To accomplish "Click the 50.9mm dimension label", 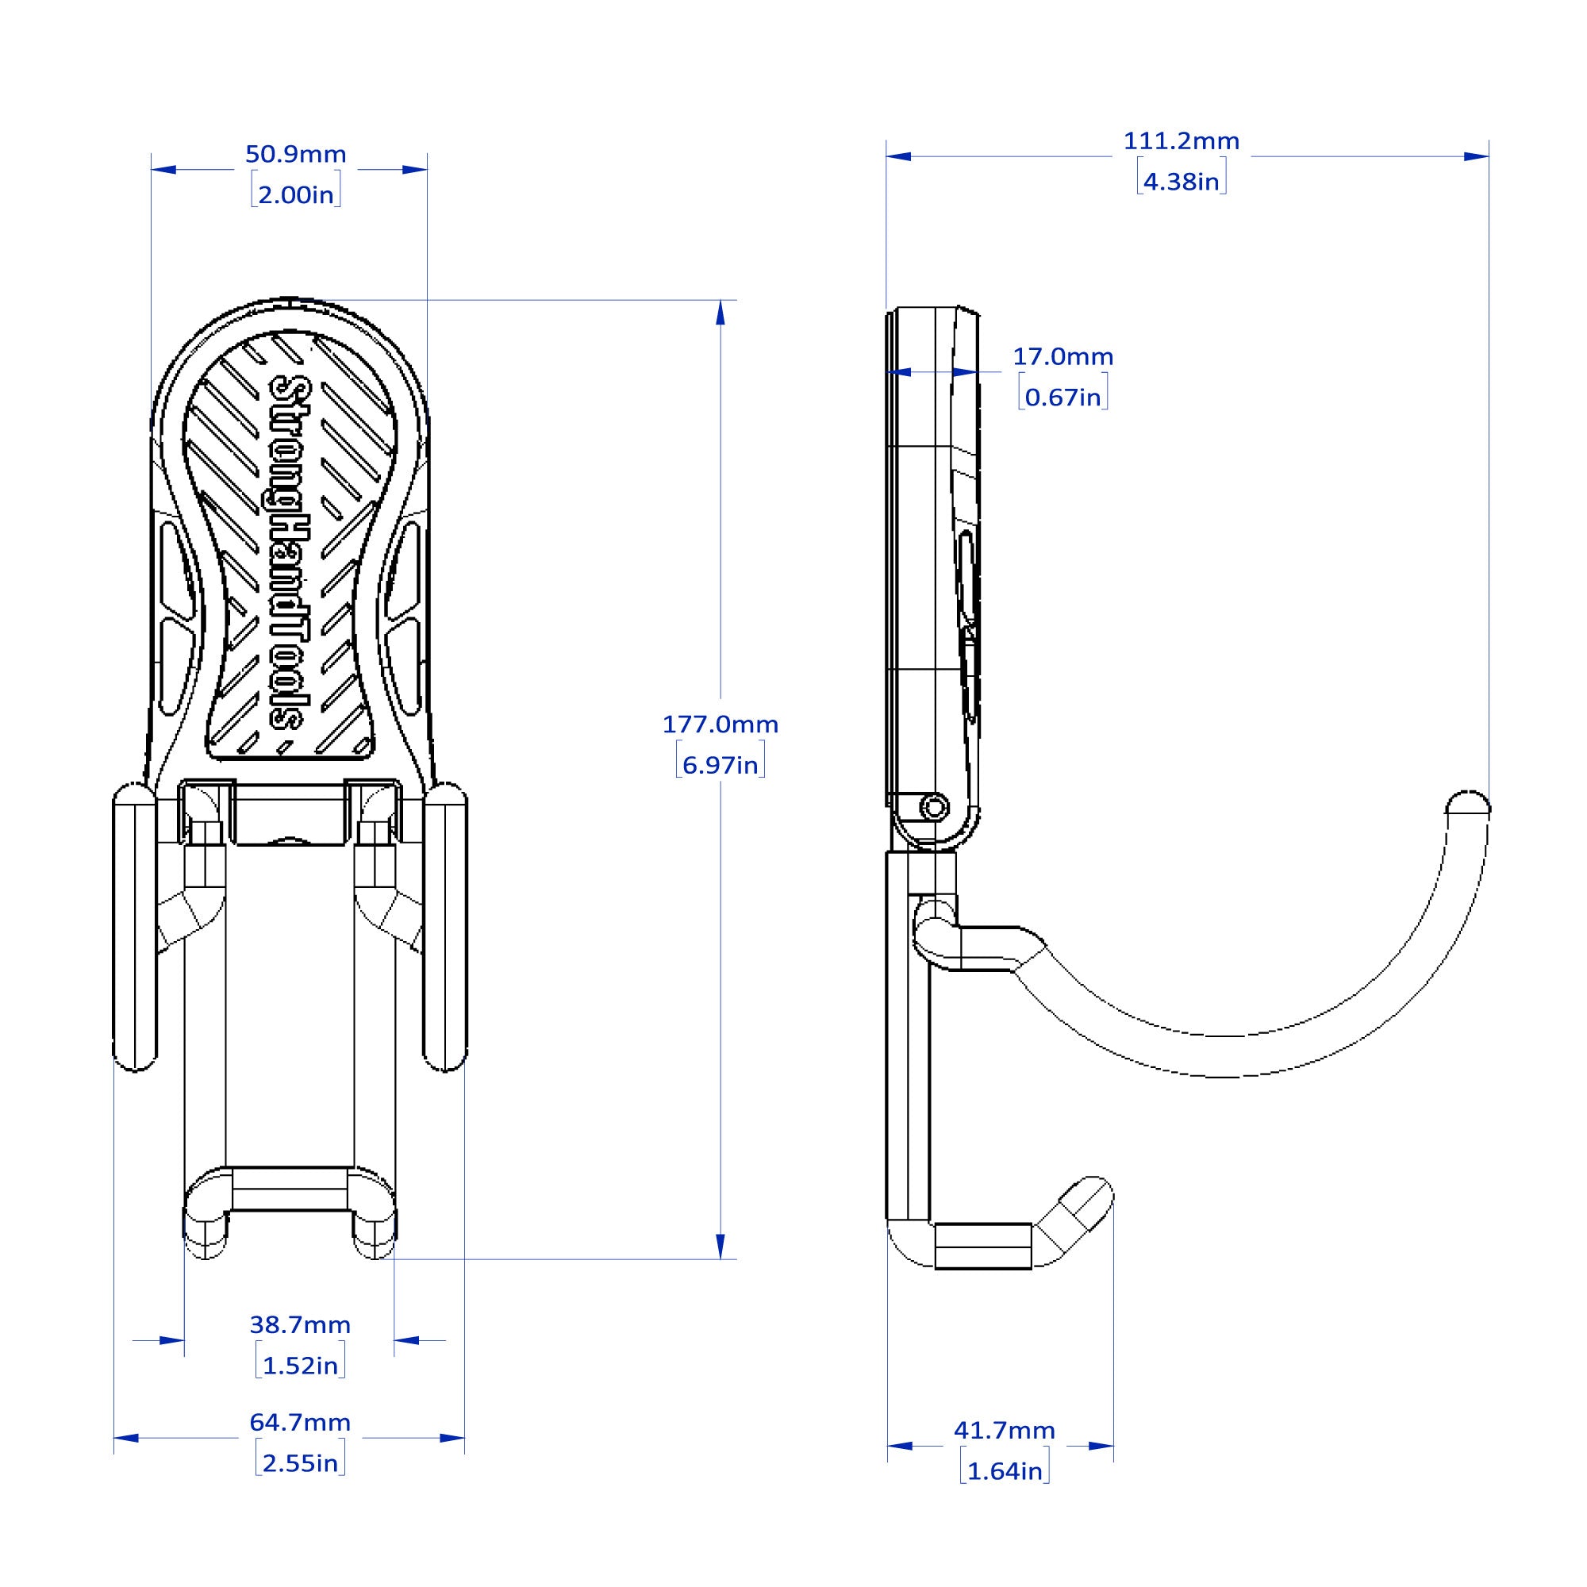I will click(296, 155).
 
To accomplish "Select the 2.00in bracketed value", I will click(296, 194).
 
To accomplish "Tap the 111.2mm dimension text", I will click(1182, 141).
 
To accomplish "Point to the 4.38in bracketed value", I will click(1182, 182).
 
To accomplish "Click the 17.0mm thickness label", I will click(1063, 356).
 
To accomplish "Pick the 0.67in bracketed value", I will click(1063, 398).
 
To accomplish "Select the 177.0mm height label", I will click(720, 724).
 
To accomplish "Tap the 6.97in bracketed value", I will click(720, 766).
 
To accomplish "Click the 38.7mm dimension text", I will click(300, 1325).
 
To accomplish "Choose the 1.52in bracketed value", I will click(300, 1366).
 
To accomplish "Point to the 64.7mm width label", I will click(300, 1423).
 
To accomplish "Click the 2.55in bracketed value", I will click(300, 1464).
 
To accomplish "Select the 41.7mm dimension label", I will click(1004, 1431).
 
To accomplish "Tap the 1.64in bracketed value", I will click(1004, 1471).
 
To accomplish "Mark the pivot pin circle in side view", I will click(934, 809).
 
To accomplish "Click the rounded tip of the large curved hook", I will click(1468, 803).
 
